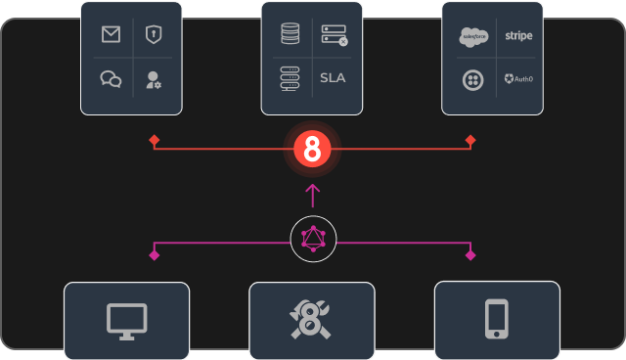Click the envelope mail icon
[x=111, y=35]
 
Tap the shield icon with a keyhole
[x=153, y=35]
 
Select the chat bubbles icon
[x=111, y=79]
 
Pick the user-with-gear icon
[x=154, y=79]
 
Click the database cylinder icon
[x=290, y=35]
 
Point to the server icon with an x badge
[x=335, y=35]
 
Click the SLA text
[x=334, y=78]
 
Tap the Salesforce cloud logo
[x=473, y=36]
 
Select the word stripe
[x=518, y=36]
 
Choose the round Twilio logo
[x=473, y=79]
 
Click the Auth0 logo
[x=518, y=79]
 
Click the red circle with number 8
[x=313, y=150]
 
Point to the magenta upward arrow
[x=313, y=194]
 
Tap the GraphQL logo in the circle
[x=313, y=239]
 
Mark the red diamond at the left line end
[x=155, y=141]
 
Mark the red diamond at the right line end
[x=470, y=141]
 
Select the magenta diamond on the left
[x=155, y=255]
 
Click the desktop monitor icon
[x=126, y=321]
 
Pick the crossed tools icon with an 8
[x=312, y=321]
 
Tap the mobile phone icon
[x=497, y=320]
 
